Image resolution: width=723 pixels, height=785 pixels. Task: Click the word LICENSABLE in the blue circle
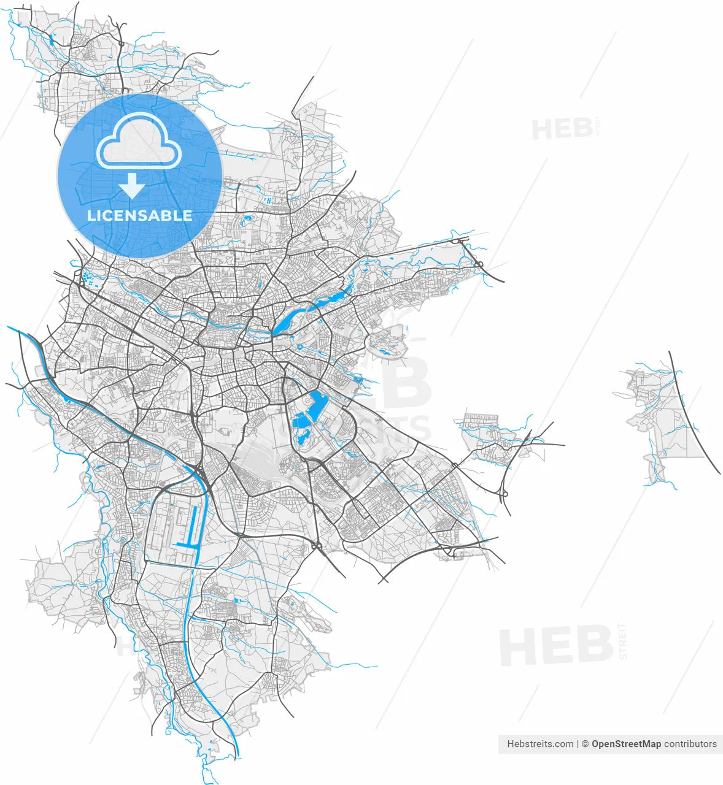139,216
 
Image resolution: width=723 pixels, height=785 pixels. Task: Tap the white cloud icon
139,142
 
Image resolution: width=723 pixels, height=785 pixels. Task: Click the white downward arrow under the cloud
132,185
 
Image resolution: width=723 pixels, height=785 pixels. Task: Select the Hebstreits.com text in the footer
540,744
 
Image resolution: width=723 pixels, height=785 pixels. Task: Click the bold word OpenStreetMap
626,744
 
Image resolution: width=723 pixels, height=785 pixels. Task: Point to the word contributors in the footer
690,744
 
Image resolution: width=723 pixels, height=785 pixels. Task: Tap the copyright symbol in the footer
586,744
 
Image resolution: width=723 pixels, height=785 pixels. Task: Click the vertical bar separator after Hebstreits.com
578,744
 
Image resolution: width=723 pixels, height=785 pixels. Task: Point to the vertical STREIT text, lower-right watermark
623,641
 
